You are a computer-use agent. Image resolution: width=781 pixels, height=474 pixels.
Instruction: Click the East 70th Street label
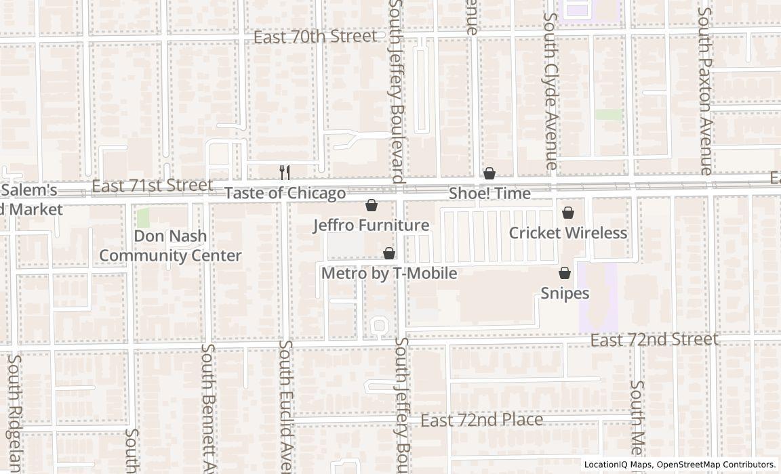315,37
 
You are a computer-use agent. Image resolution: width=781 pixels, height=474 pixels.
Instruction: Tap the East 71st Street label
152,186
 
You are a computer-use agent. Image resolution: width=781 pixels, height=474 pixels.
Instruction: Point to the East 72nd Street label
654,339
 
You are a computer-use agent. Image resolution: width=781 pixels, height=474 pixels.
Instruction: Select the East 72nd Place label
481,421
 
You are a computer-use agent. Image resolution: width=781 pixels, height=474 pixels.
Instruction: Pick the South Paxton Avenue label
706,91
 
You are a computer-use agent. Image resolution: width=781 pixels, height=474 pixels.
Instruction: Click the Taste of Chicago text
285,194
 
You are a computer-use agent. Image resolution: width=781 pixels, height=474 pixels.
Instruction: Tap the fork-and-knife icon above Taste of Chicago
285,173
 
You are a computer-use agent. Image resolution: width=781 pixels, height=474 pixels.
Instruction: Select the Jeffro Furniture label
371,225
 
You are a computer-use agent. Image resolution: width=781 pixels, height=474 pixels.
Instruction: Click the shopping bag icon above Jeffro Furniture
372,205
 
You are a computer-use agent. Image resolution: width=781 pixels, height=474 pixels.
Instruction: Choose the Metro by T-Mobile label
388,274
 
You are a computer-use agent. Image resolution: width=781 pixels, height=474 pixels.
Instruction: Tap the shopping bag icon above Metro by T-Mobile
389,253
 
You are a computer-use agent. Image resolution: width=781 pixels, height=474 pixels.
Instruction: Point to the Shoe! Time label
489,194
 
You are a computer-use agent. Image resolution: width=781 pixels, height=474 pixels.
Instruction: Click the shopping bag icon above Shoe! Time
489,173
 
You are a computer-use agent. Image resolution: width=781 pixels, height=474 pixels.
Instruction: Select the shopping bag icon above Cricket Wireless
568,213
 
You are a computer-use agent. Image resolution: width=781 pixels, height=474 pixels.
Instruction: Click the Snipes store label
565,294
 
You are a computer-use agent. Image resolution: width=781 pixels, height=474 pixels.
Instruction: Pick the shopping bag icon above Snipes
564,273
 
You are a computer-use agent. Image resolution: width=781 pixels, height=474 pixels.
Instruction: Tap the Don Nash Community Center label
170,246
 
